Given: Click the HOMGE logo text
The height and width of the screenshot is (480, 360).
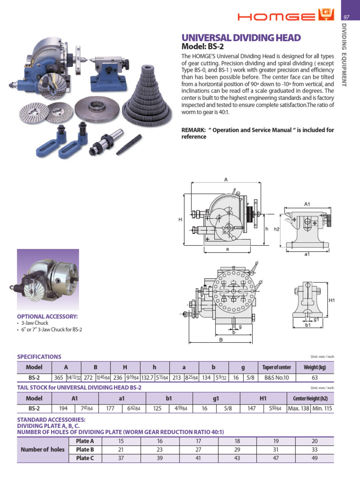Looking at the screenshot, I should point(277,17).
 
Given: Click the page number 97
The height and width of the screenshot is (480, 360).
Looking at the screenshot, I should point(347,17).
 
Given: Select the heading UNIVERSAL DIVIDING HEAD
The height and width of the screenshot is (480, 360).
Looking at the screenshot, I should point(241,38).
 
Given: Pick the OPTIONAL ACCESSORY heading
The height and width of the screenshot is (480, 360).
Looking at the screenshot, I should point(47,316).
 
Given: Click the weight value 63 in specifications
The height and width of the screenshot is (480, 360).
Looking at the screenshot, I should point(315,377).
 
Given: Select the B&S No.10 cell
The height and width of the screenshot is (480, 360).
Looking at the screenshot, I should point(277,377).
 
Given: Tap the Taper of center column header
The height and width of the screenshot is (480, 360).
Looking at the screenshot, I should point(277,367).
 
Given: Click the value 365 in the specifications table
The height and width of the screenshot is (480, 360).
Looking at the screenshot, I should point(59,377).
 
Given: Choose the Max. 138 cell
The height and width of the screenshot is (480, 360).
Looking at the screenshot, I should point(298,408).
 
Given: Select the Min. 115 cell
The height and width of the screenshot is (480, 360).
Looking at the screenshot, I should point(322,408).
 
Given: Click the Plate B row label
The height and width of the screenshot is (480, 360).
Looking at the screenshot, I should point(85,449).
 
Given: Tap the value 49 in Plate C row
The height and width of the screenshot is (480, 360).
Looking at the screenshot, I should point(315,457).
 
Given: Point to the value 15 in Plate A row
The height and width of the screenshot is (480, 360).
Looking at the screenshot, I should point(121,441).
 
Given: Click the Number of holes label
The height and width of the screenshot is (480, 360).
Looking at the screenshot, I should point(43,449).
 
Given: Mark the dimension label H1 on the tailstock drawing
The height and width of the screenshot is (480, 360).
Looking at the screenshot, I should point(331,300).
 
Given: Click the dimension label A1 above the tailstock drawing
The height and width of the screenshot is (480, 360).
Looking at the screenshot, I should point(307,204).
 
